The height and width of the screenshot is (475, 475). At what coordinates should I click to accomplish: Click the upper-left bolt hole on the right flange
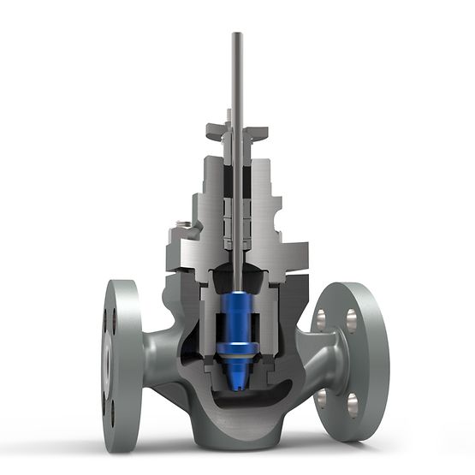tap(321, 319)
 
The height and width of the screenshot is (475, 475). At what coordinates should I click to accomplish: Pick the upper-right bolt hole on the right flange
tap(352, 319)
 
